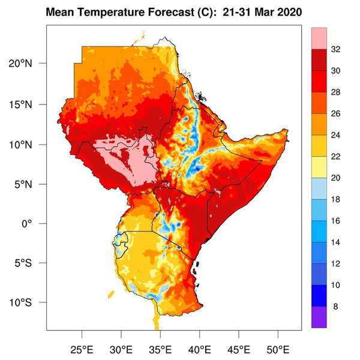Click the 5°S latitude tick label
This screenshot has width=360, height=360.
point(29,263)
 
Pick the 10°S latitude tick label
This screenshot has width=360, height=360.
point(27,302)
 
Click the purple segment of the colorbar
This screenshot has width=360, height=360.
point(319,317)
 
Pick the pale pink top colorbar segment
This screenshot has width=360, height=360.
point(319,37)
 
